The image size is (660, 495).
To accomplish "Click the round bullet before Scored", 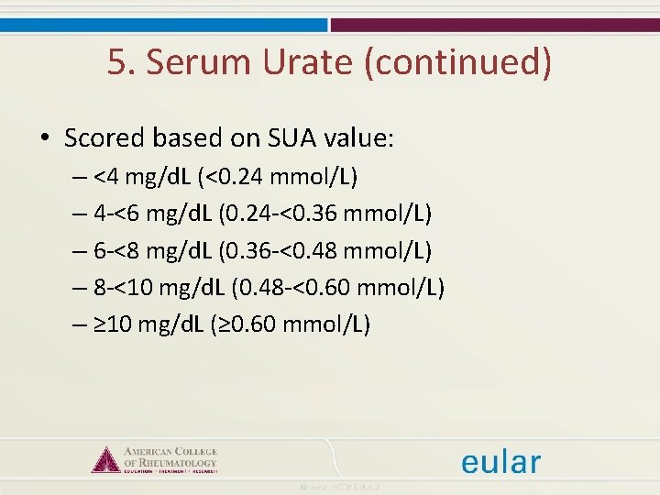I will (x=45, y=139).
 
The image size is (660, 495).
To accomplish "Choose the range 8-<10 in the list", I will (x=124, y=288).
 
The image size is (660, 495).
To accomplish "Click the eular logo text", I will (x=500, y=462).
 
